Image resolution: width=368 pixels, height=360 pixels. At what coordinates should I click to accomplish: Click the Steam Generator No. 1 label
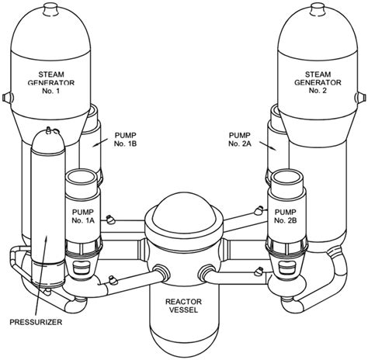pos(51,82)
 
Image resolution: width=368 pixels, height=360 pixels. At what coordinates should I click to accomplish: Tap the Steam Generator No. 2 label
pos(318,82)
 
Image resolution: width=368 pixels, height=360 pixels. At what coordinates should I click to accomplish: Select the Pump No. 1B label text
pos(125,140)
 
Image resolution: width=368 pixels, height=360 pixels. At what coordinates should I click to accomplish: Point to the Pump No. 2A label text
pos(240,140)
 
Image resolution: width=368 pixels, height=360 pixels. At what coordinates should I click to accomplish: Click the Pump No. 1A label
pos(83,216)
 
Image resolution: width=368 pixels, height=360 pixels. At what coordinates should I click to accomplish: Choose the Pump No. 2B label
pos(286,216)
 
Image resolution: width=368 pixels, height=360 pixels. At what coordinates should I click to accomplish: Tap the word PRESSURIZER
pos(36,322)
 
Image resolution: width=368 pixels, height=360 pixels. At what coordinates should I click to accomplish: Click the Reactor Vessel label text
pos(183,306)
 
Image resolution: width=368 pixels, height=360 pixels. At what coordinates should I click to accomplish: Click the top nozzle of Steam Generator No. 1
pos(50,11)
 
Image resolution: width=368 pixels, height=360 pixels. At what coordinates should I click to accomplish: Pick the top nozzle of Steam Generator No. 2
pos(318,11)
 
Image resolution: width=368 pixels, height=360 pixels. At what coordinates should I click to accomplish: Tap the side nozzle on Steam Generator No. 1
pos(7,97)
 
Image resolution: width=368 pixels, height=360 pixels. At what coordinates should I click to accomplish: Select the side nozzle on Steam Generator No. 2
pos(361,98)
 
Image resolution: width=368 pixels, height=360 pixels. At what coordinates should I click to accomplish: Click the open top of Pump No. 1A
pos(81,178)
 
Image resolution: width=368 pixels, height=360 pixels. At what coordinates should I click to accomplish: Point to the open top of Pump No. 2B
pos(286,178)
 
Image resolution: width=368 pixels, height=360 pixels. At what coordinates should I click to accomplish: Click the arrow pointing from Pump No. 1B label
pos(99,143)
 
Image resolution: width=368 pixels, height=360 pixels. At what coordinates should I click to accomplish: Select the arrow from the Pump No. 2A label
pos(268,145)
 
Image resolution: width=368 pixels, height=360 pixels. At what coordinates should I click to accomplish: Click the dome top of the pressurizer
pos(47,141)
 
